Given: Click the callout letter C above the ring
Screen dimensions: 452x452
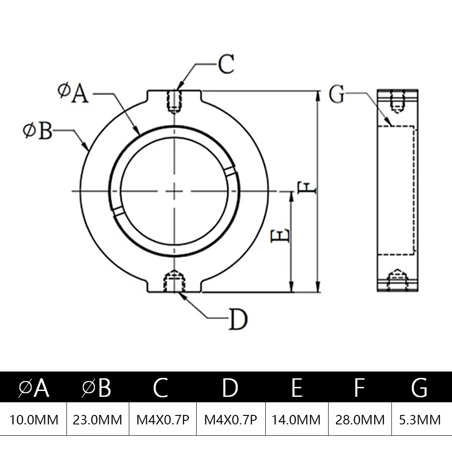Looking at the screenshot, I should point(226,64).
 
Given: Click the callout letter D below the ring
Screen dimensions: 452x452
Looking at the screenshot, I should point(238,320).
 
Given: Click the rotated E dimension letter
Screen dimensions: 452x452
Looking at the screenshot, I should point(281,235).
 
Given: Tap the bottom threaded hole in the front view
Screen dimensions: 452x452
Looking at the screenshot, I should point(174,280).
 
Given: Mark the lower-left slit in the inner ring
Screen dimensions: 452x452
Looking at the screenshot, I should point(118,212).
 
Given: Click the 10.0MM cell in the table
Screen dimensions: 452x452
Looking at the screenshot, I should point(34,420).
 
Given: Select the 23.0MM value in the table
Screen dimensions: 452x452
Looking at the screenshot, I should point(98,420).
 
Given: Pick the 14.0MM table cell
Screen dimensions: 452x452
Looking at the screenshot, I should point(296,420).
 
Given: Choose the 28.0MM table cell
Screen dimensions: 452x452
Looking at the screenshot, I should point(360,420).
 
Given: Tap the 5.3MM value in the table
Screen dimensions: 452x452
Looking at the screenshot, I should point(420,420).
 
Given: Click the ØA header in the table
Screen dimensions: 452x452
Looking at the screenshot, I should point(34,388).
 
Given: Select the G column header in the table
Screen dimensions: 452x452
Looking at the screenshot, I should point(420,388).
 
